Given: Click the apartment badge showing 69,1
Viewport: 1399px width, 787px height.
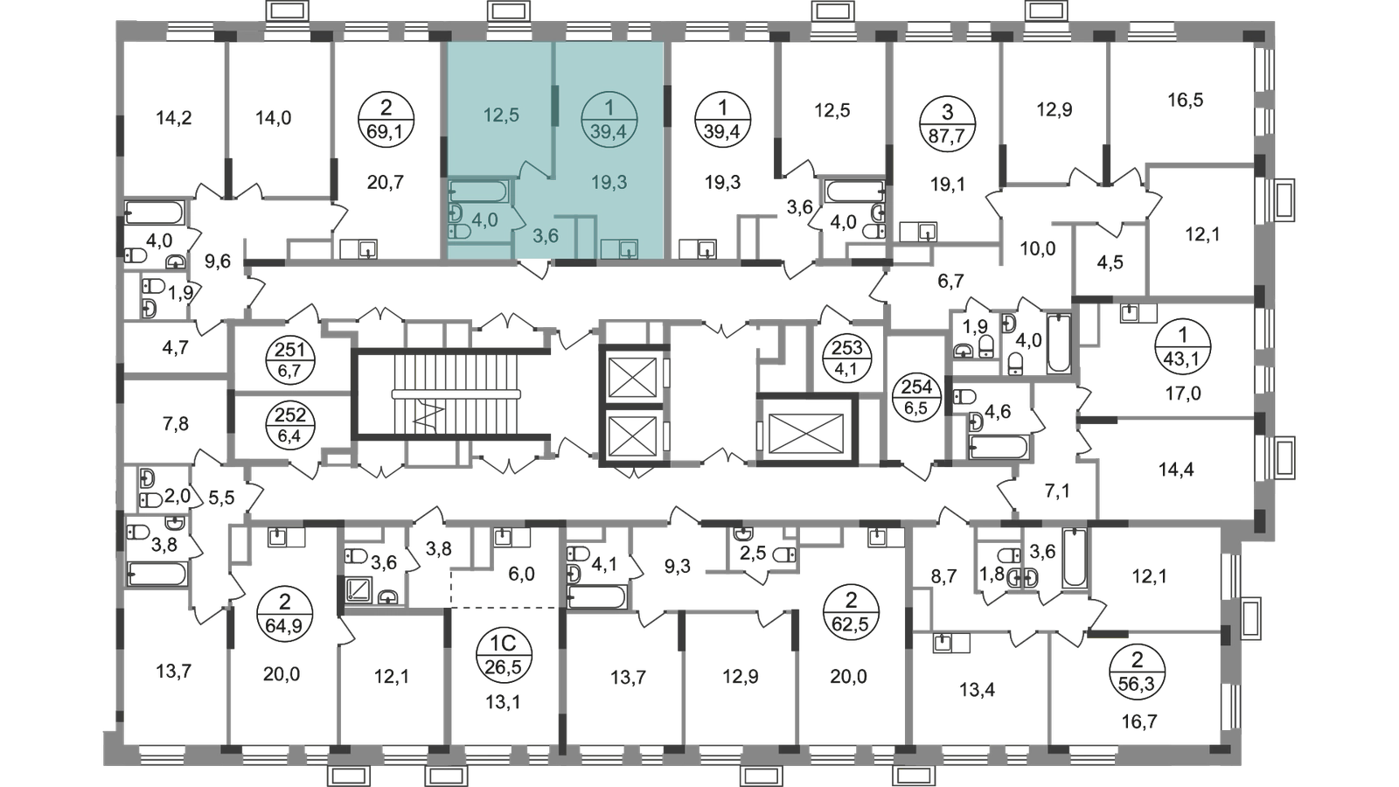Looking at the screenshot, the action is click(386, 119).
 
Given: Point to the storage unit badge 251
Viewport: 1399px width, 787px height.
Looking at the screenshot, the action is click(290, 359).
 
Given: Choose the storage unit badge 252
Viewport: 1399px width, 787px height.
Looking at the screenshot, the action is click(290, 425).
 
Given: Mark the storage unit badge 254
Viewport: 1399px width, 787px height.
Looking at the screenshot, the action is click(916, 397).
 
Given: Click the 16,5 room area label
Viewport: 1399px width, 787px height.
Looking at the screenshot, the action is click(1185, 100).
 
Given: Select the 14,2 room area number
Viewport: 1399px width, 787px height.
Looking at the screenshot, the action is click(173, 117).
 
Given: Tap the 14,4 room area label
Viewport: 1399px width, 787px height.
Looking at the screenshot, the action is click(1176, 469).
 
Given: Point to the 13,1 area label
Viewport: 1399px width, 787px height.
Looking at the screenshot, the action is click(503, 703).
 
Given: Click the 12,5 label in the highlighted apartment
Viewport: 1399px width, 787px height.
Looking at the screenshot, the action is click(502, 115).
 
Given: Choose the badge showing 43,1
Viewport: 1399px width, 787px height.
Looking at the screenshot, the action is click(1183, 346).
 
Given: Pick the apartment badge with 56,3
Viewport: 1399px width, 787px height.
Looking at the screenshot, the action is click(1137, 672).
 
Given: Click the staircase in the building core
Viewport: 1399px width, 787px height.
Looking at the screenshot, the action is click(451, 394).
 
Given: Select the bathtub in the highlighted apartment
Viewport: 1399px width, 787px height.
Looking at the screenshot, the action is click(478, 191).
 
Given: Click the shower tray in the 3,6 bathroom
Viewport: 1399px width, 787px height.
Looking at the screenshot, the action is click(358, 589).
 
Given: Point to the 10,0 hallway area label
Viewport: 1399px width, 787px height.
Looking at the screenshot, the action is click(1037, 249).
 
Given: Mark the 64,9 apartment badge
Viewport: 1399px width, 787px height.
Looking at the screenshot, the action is click(285, 614).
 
